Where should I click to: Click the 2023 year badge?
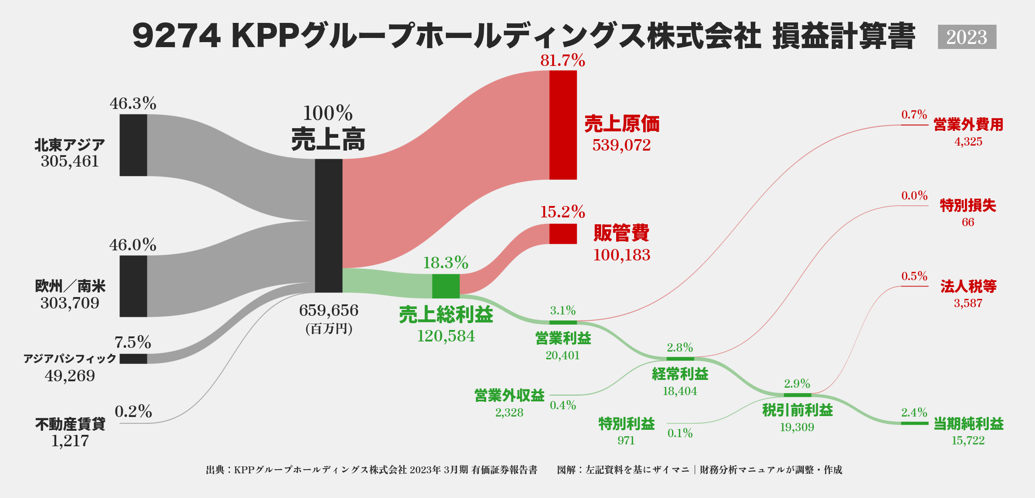pos(967,37)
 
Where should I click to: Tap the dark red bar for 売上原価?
pos(563,125)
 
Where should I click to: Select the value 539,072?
pos(621,145)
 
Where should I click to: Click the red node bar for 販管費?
pos(563,233)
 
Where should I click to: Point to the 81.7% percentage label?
pos(563,60)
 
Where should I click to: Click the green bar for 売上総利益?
pos(445,286)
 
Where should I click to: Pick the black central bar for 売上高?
pos(328,226)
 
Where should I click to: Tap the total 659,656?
pos(328,310)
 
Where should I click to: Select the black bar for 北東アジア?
pos(133,145)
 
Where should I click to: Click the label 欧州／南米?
pos(70,286)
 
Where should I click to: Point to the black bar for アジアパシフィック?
pos(133,358)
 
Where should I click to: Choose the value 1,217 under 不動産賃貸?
pos(70,441)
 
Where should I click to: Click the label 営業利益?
pos(563,338)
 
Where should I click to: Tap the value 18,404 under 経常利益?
pos(680,391)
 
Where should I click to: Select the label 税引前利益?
pos(797,410)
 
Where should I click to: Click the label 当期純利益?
pos(968,424)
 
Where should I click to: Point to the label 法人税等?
pos(968,287)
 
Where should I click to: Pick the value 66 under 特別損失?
pos(968,222)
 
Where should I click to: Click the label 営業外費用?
pos(968,124)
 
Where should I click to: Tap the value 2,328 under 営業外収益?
pos(509,412)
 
